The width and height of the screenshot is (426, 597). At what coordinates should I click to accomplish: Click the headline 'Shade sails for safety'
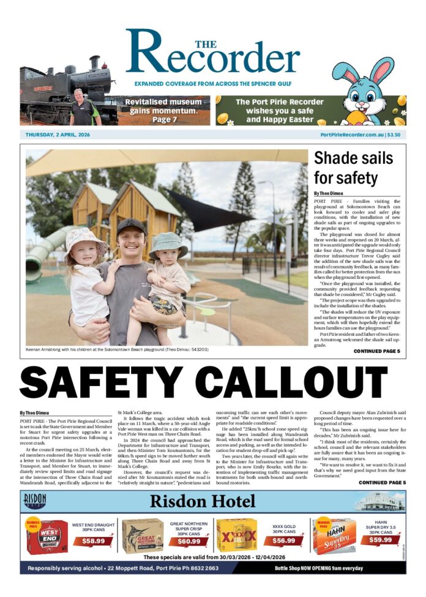pyautogui.click(x=353, y=168)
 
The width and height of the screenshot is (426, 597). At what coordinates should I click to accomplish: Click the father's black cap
pyautogui.click(x=131, y=224)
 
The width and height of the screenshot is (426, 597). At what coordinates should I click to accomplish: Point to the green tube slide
pyautogui.click(x=43, y=253)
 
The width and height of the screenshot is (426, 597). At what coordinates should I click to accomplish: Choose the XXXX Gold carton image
pyautogui.click(x=237, y=536)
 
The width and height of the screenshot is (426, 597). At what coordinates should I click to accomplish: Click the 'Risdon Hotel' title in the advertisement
pyautogui.click(x=212, y=502)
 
